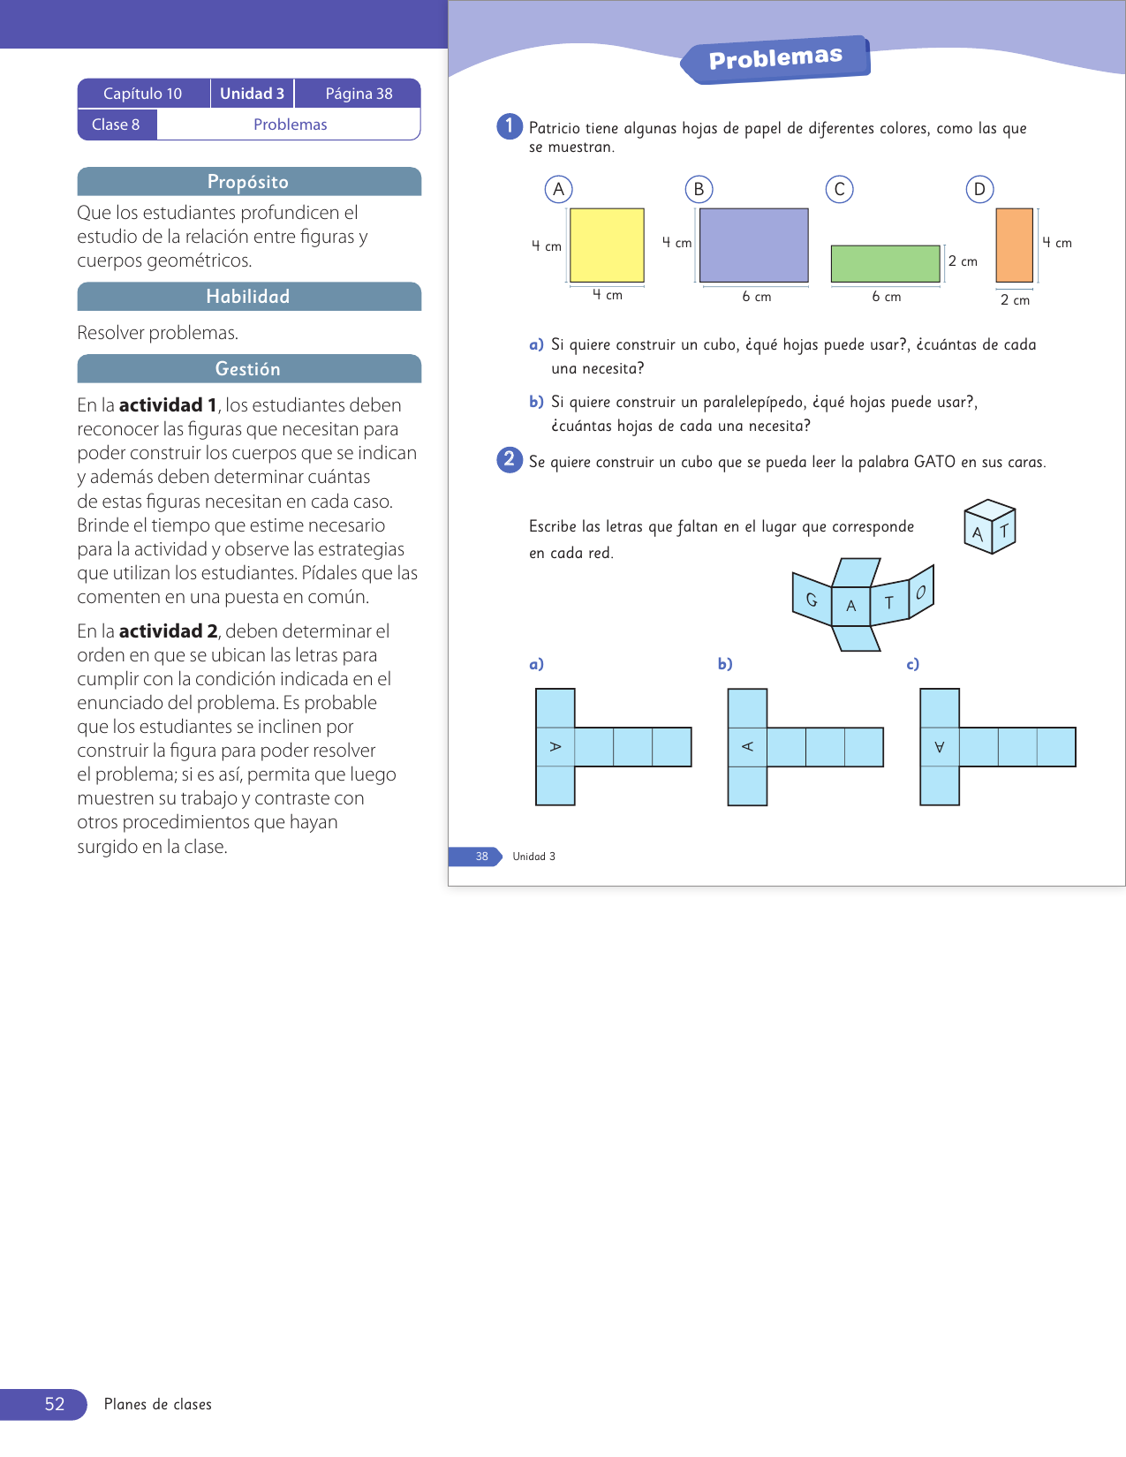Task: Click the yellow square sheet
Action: click(607, 245)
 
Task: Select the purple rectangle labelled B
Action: click(754, 245)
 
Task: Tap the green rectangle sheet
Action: click(885, 263)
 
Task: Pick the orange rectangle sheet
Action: click(1014, 245)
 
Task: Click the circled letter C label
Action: click(839, 189)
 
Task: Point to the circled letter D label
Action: click(979, 189)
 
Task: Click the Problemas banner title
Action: click(775, 58)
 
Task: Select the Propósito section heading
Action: click(249, 182)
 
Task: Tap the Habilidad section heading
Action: click(249, 297)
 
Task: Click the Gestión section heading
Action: click(249, 369)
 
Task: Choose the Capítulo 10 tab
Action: click(143, 94)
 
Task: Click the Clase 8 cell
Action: click(116, 124)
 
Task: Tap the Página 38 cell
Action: click(359, 94)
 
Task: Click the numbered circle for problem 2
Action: click(509, 459)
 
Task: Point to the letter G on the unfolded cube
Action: click(812, 600)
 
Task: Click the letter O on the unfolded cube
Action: click(921, 592)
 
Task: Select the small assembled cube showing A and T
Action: click(989, 526)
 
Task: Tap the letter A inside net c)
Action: click(939, 746)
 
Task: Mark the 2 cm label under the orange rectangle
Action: click(1015, 299)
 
